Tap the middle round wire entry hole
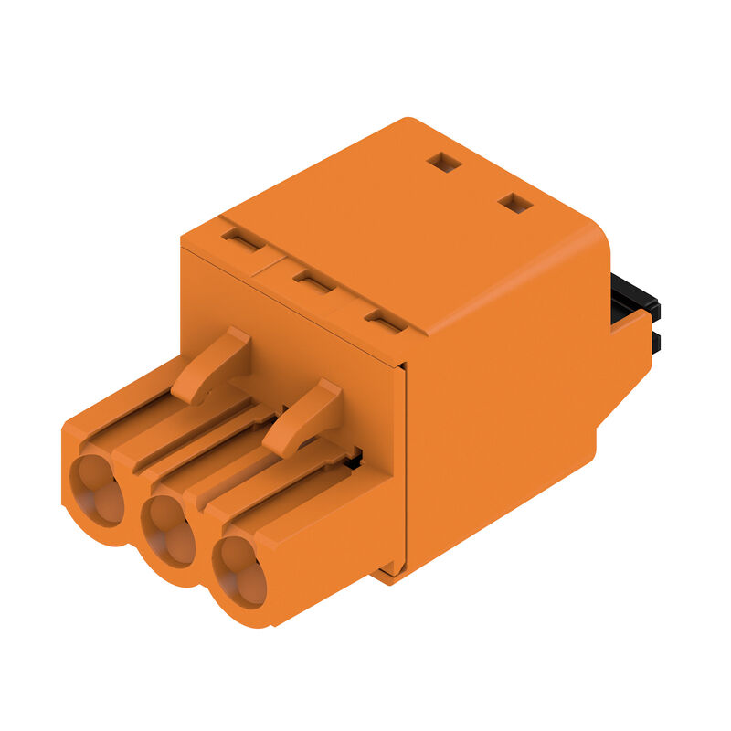[169, 528]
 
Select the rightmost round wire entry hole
[240, 571]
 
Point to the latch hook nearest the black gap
[305, 417]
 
